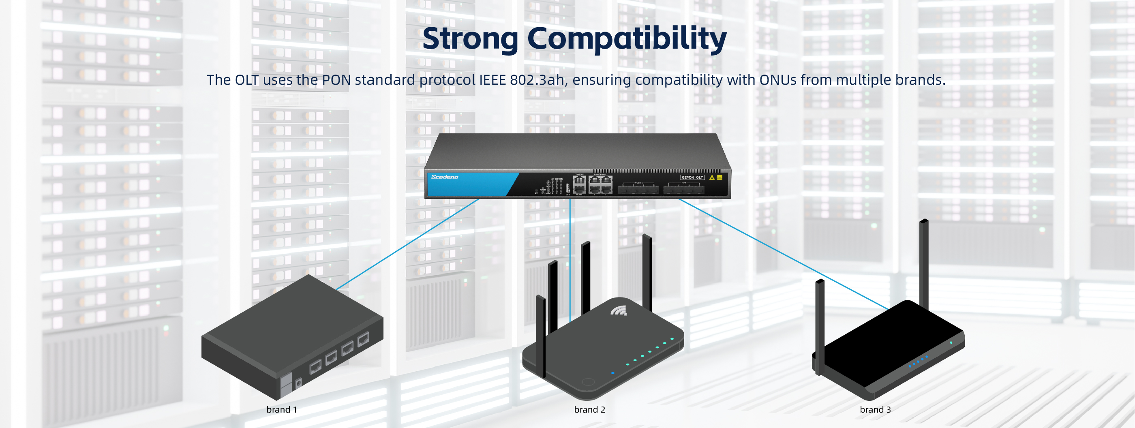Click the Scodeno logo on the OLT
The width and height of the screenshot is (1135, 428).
(x=445, y=177)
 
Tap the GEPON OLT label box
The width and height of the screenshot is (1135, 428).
(x=692, y=178)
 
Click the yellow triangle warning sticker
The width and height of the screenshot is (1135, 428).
(x=711, y=178)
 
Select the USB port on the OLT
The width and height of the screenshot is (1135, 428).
(x=567, y=188)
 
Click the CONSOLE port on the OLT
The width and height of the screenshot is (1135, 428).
(x=579, y=180)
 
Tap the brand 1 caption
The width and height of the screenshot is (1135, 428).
(x=282, y=409)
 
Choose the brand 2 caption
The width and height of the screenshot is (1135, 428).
(x=589, y=409)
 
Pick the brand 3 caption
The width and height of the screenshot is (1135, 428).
(x=875, y=409)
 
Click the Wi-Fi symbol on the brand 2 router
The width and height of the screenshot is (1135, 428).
(x=619, y=311)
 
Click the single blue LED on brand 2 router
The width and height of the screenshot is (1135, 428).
(x=613, y=373)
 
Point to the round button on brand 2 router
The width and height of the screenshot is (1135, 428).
(x=588, y=382)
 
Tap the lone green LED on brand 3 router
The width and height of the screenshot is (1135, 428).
(x=951, y=342)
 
